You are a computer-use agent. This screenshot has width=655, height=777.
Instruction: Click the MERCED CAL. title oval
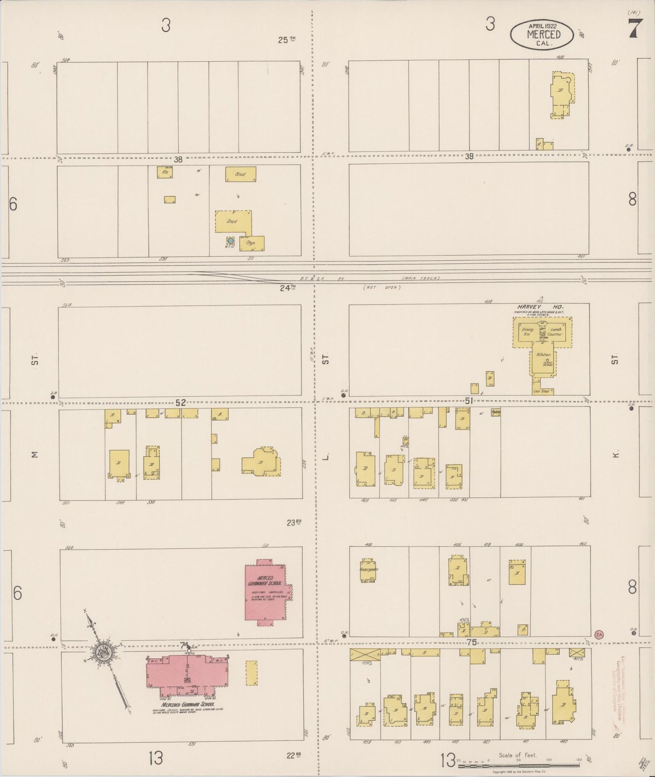[x=542, y=34]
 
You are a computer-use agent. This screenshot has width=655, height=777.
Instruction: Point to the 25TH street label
[x=286, y=40]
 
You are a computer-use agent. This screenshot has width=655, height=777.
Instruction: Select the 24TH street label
[x=287, y=287]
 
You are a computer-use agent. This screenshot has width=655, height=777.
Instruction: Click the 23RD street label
[x=294, y=522]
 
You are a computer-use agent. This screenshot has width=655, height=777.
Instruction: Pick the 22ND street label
[x=294, y=755]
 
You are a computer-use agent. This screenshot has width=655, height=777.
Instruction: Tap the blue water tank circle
[x=230, y=240]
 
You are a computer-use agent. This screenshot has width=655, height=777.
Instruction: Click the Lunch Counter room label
[x=555, y=331]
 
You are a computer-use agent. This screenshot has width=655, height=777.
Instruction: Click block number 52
[x=180, y=403]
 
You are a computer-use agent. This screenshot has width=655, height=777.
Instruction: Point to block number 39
[x=469, y=156]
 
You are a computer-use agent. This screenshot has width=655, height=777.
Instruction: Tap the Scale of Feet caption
[x=518, y=755]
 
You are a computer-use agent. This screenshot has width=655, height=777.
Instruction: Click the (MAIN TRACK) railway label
[x=421, y=278]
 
